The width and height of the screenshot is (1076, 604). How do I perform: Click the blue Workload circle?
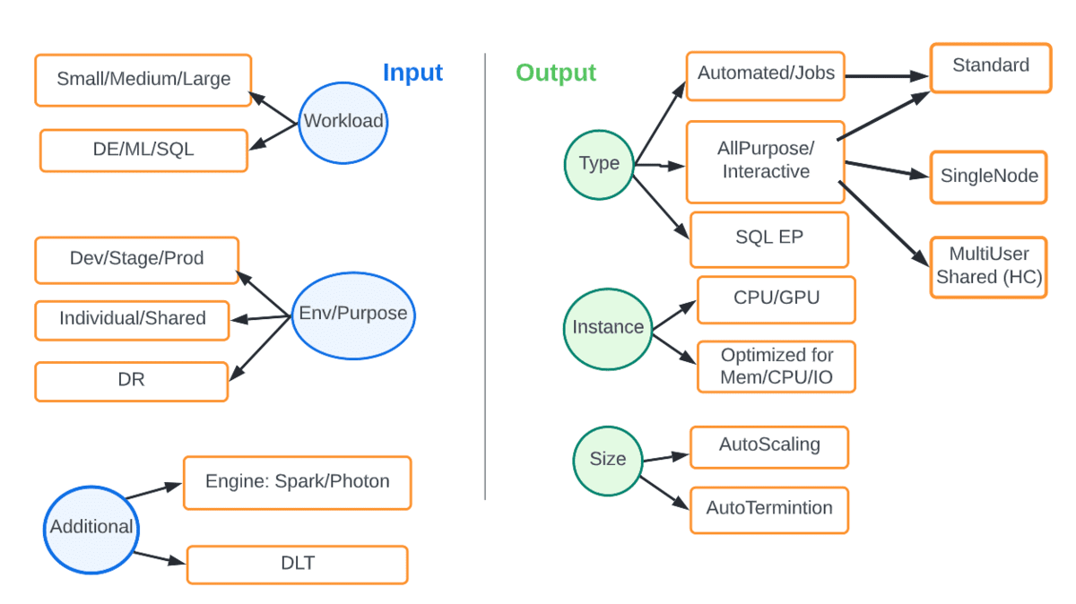coord(343,122)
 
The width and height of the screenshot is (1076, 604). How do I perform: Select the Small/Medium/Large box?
coord(143,79)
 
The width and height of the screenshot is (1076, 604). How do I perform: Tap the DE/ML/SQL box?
coord(143,150)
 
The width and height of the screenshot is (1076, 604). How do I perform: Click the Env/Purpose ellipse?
coord(353,315)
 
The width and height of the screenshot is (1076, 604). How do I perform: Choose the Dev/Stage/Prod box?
coord(137,259)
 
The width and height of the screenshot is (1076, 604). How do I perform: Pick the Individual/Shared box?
coord(133,319)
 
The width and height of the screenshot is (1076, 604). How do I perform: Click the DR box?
coord(132,381)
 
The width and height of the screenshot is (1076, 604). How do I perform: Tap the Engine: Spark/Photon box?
coord(297,482)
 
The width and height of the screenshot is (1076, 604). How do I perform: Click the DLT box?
coord(297,565)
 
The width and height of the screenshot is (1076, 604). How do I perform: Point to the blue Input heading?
coord(412,73)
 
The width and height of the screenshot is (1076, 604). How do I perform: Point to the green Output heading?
coord(556,73)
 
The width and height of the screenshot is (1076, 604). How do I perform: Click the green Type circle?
coord(599,164)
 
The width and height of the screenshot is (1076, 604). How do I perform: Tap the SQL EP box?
coord(768,238)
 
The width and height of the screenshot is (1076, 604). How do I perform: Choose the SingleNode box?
coord(989,177)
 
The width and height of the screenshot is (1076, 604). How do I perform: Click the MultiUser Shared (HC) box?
coord(988,266)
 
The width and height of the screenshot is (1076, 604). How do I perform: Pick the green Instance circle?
coord(608,328)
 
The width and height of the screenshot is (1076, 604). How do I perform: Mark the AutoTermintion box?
coord(768,509)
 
